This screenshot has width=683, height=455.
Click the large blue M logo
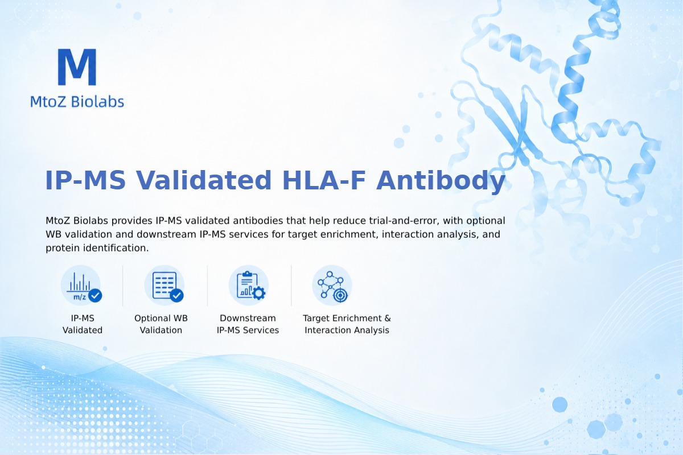(77, 67)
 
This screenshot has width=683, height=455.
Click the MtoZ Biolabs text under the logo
(77, 101)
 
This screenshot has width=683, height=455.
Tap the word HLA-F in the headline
(324, 180)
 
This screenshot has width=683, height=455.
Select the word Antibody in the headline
(441, 181)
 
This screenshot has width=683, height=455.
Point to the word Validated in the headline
(204, 180)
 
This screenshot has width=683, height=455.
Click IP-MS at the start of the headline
(85, 180)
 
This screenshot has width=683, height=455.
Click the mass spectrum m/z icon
(81, 286)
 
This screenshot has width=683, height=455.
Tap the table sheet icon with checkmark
(164, 286)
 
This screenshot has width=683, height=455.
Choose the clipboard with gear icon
(249, 286)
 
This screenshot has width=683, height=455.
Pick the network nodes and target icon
(332, 286)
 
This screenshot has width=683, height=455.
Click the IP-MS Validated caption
(83, 324)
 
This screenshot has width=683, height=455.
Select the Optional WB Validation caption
(161, 324)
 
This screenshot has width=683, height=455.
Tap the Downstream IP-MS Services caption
(248, 324)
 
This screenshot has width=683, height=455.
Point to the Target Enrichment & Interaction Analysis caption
(347, 324)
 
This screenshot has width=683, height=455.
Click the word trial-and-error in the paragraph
(404, 221)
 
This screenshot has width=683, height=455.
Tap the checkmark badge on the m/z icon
(95, 295)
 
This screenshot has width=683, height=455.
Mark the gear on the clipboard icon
(259, 293)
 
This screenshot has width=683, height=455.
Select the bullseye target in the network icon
(340, 295)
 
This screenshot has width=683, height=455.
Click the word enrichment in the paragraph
(348, 234)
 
